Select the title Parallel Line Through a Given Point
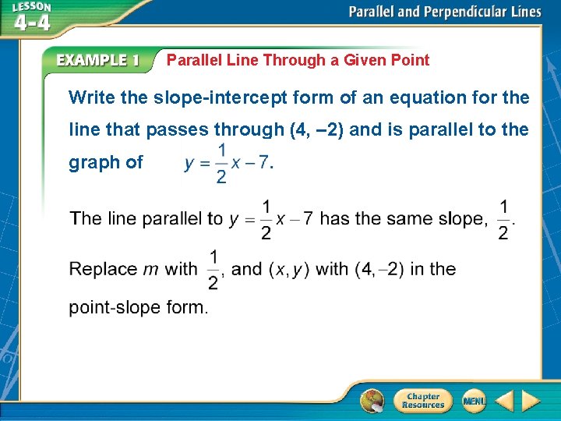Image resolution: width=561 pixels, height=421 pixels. (x=298, y=60)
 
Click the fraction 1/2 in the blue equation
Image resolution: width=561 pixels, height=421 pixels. (x=221, y=163)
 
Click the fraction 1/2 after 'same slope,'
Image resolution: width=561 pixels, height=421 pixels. (x=503, y=220)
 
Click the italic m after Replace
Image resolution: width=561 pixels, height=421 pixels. (x=151, y=270)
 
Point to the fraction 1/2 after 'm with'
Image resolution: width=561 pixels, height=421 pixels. (x=213, y=269)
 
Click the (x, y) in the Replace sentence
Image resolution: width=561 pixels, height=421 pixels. (x=289, y=269)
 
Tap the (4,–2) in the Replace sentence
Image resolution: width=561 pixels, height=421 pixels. (x=379, y=269)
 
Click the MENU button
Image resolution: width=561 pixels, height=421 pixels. (x=474, y=401)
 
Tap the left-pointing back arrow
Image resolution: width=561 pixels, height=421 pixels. (x=504, y=401)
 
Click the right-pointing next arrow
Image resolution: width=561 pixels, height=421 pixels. (x=531, y=401)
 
